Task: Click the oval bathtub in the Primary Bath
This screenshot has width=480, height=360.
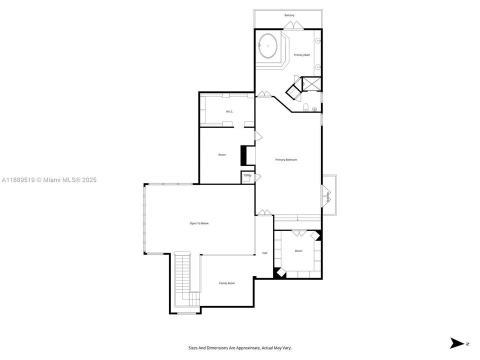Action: pos(269,46)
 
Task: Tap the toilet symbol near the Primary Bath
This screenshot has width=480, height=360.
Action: pos(305,107)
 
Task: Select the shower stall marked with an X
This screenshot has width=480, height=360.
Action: pos(312,83)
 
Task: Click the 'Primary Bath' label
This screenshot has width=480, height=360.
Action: pos(302,55)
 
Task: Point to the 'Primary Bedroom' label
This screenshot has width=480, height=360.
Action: pos(286,159)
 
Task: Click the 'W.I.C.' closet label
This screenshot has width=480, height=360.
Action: pos(229,111)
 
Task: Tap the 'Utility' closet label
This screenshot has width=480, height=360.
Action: pos(247,175)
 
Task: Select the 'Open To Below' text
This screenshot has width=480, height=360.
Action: pos(199,223)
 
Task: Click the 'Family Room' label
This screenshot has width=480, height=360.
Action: pos(227,283)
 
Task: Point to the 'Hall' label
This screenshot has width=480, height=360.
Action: pos(265,253)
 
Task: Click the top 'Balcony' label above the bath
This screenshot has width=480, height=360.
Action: pos(289,15)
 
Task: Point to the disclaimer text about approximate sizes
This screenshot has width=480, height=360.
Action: pos(239,347)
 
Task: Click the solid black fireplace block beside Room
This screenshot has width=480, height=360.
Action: pos(244,155)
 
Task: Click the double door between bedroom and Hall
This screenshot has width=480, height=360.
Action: pos(263,212)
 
